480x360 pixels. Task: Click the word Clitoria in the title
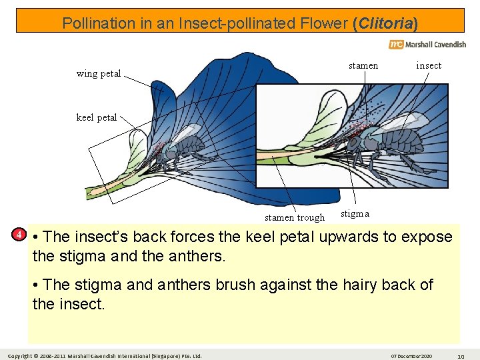pyautogui.click(x=386, y=23)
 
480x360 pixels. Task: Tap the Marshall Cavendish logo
pyautogui.click(x=427, y=45)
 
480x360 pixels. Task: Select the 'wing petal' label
pyautogui.click(x=99, y=73)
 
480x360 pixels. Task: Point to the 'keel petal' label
pyautogui.click(x=97, y=117)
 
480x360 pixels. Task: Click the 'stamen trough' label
pyautogui.click(x=295, y=217)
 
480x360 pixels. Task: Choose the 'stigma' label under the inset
pyautogui.click(x=355, y=213)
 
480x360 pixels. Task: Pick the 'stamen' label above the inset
pyautogui.click(x=363, y=65)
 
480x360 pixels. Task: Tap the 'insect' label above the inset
pyautogui.click(x=429, y=65)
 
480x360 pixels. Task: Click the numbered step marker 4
pyautogui.click(x=20, y=235)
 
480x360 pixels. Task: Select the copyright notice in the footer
pyautogui.click(x=104, y=355)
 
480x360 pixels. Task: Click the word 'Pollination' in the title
pyautogui.click(x=99, y=23)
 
